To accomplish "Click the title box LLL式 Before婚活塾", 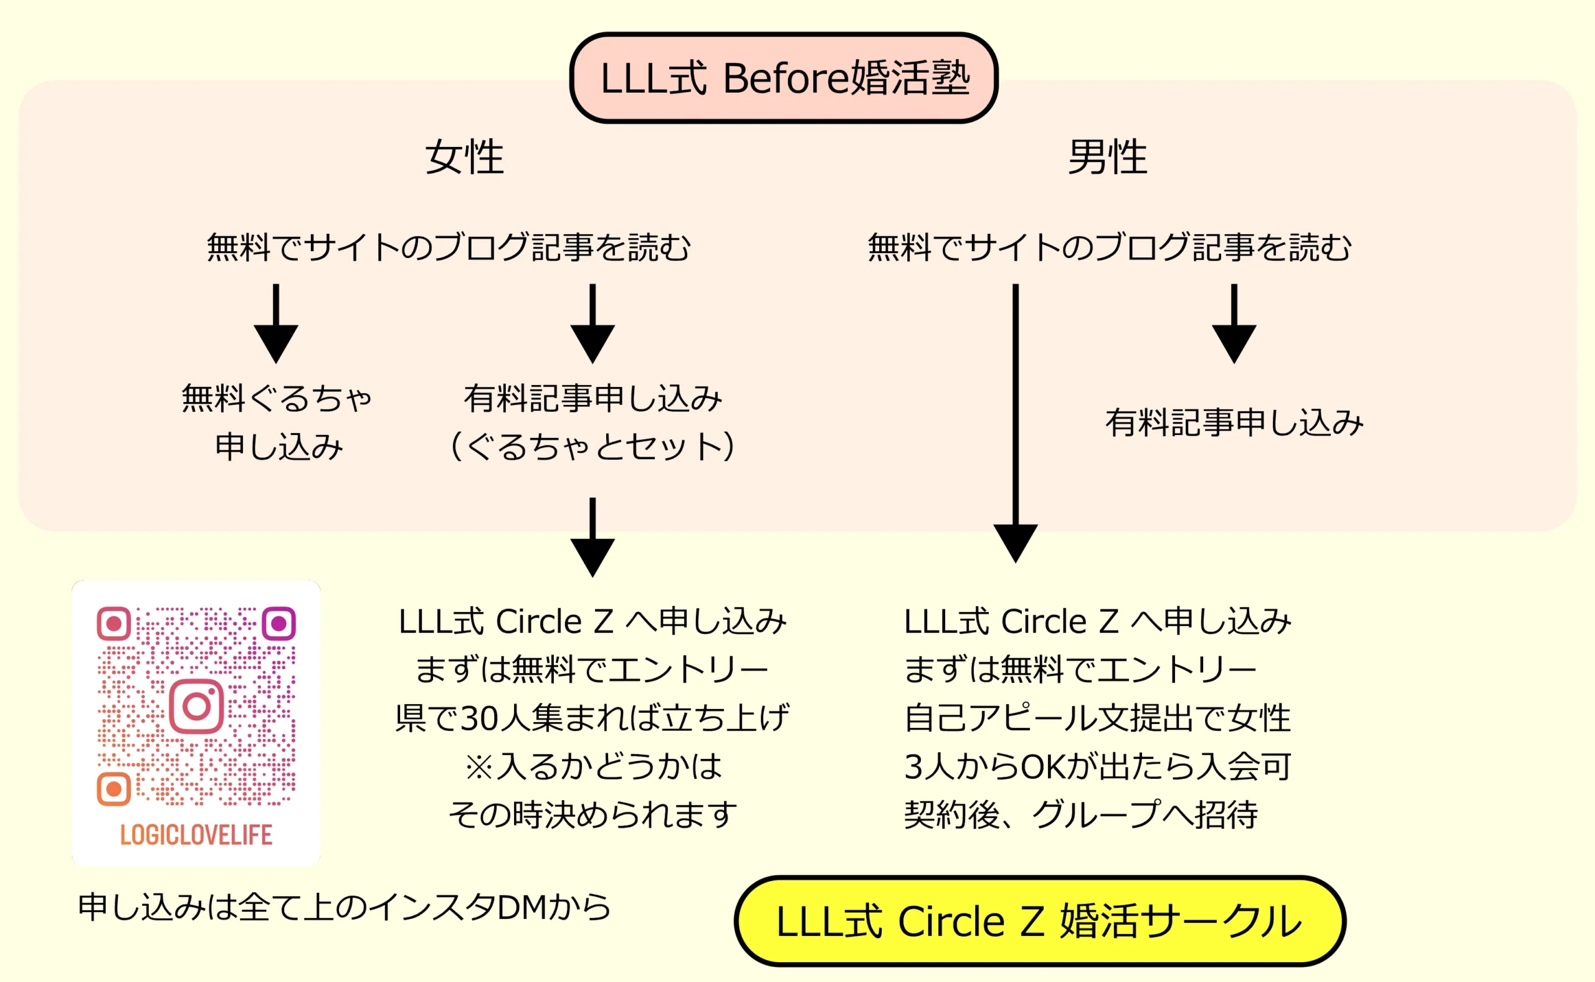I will [x=783, y=78].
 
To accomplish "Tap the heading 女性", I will [x=464, y=157].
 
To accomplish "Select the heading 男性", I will [x=1107, y=157].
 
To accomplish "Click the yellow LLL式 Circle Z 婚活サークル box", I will [x=1039, y=921].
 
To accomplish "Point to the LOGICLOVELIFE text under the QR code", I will [x=196, y=835].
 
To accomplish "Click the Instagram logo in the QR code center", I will [x=196, y=707].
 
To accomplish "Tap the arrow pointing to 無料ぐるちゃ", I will [x=276, y=325].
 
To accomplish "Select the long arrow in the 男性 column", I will [x=1016, y=422].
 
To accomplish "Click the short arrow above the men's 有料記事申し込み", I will [x=1234, y=325].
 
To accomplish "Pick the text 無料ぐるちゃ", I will [x=276, y=398].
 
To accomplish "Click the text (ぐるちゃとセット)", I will [x=593, y=447].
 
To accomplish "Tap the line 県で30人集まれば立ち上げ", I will [x=593, y=718].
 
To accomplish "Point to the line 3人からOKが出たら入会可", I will [x=1098, y=766].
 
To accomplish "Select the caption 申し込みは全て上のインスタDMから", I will [x=344, y=907].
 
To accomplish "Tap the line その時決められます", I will [x=593, y=815].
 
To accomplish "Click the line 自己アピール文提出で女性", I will [x=1098, y=718].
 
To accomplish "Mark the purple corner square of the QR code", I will [x=279, y=624].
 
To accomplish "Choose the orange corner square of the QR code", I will [x=113, y=789].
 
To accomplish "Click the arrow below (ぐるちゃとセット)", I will [x=593, y=539].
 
